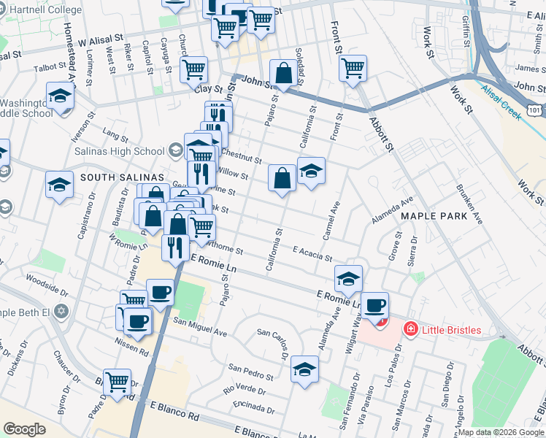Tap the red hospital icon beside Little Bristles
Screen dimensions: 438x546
tap(410, 330)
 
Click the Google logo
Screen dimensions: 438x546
tap(24, 429)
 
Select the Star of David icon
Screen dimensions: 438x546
tap(61, 312)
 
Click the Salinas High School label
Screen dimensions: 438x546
tap(119, 151)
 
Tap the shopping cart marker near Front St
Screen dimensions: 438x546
tap(353, 69)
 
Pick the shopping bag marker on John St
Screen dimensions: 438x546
tap(282, 74)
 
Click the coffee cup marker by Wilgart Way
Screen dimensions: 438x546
tap(375, 305)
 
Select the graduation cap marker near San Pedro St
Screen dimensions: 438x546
tap(304, 369)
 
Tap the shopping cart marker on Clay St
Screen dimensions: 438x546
tap(193, 70)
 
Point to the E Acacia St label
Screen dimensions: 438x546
tap(312, 254)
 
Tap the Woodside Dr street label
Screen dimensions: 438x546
tap(46, 281)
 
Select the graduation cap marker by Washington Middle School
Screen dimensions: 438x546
tap(60, 96)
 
